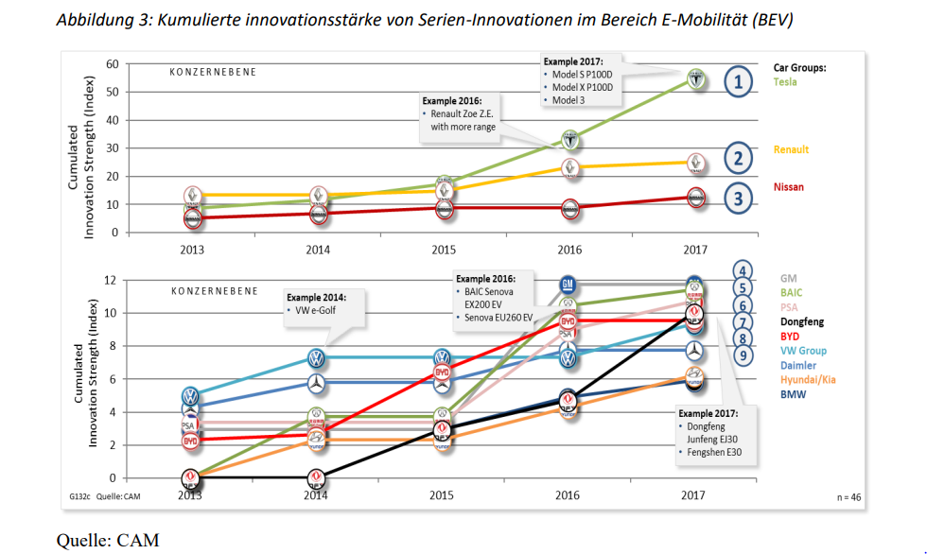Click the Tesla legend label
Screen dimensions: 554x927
(x=785, y=82)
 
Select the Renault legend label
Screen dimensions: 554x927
(x=791, y=149)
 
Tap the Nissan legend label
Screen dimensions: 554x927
(x=789, y=187)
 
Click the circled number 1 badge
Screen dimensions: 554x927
(x=738, y=82)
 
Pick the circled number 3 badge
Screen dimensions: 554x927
(x=738, y=198)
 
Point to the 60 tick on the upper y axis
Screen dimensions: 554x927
(x=112, y=64)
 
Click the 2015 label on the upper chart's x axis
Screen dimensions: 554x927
(x=442, y=251)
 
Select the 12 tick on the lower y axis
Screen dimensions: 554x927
(x=112, y=280)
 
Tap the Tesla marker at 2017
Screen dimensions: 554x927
(x=695, y=79)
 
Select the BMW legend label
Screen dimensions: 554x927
(x=793, y=394)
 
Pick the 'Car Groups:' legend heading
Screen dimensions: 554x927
(x=799, y=68)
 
